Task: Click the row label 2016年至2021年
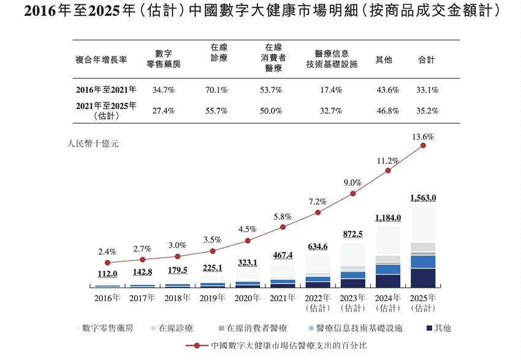(106, 90)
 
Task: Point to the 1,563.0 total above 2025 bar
(423, 198)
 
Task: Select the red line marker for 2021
(283, 227)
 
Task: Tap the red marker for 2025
(423, 146)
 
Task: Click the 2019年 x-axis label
(212, 299)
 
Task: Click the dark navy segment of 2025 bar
(423, 278)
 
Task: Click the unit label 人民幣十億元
(93, 144)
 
